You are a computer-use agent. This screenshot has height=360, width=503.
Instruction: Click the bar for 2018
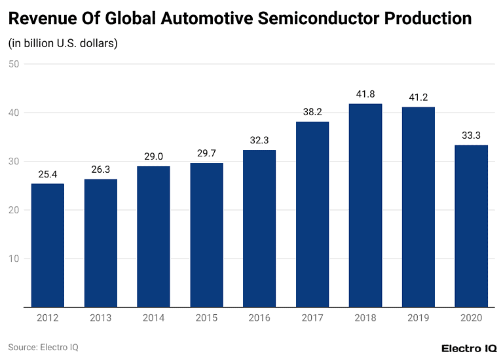coord(365,206)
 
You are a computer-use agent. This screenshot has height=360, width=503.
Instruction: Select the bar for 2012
coord(48,245)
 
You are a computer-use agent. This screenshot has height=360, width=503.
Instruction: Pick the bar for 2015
coord(207,235)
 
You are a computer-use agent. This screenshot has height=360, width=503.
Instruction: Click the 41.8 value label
coord(365,94)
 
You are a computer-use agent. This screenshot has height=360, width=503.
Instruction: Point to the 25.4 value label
coord(48,174)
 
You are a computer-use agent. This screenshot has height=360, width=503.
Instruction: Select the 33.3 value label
coord(471,135)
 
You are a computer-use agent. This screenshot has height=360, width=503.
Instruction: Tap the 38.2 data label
coord(312,112)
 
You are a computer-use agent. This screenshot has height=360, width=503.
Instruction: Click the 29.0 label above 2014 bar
coord(154,156)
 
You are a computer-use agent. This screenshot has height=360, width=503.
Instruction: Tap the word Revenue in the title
coord(39,18)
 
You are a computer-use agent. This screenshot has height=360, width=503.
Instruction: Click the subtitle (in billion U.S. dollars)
coord(63,44)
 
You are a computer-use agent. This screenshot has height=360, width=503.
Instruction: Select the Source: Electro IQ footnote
coord(43,348)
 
